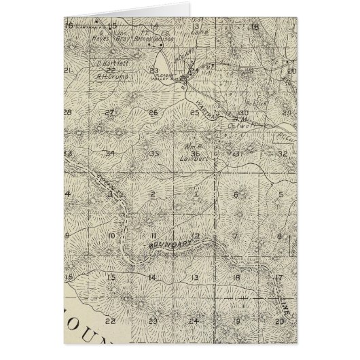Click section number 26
click(x=153, y=112)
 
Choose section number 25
click(x=195, y=112)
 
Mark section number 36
click(x=196, y=154)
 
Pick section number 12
click(x=195, y=236)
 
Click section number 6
click(x=236, y=195)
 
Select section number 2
click(x=153, y=195)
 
